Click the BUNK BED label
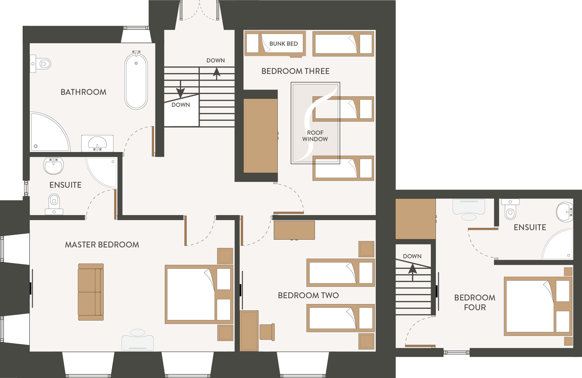coord(284,44)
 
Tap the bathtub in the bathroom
coord(136,81)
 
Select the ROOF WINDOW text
coord(315,136)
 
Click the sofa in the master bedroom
coord(91,292)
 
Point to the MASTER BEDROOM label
coord(102,245)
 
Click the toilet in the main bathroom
coord(40,64)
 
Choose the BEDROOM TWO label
coord(308,295)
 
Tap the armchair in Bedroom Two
coord(267,332)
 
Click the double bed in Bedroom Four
coord(538,306)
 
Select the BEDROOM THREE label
coord(296,71)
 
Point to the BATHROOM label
coord(84,92)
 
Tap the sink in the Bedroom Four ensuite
coord(565,212)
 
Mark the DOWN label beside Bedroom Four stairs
coord(412,256)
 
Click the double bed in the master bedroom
coord(199,294)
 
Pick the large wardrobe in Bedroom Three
coord(260,136)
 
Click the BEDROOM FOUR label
coord(475,302)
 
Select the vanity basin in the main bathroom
coord(97,143)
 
